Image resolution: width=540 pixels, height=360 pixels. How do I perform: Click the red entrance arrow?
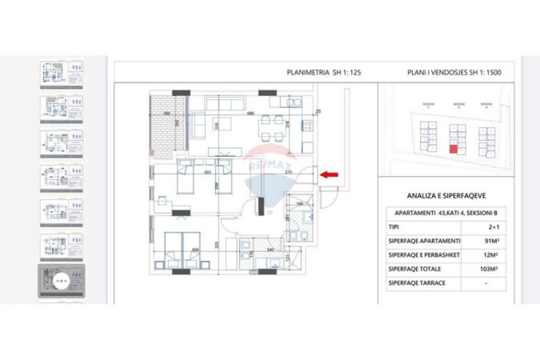point(329,174)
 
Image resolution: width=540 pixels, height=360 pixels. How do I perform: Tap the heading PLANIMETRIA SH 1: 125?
point(324,72)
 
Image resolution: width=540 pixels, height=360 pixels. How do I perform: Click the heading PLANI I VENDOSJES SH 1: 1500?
point(454,72)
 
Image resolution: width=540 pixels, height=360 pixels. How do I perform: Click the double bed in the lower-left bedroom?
point(182,246)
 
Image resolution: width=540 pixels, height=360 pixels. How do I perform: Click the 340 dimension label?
point(270,250)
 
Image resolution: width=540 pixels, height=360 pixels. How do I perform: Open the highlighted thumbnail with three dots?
point(62,281)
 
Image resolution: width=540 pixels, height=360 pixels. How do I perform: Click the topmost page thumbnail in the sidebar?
point(62,74)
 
